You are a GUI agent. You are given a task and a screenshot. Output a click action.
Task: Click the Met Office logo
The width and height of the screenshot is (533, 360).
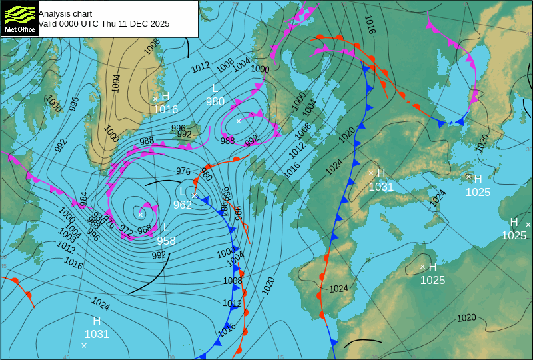click(19, 19)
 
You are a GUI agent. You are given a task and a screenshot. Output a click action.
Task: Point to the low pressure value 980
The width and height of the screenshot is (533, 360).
click(215, 101)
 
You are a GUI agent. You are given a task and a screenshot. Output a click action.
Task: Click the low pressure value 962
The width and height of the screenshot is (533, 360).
click(183, 205)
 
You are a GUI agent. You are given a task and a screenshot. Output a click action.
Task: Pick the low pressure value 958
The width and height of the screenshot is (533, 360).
click(166, 241)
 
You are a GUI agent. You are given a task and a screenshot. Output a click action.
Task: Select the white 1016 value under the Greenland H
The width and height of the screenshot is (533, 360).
click(165, 109)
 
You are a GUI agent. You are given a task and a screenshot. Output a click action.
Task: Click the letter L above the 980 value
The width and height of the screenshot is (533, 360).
click(215, 88)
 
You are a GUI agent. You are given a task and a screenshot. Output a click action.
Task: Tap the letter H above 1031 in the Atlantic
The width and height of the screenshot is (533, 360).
click(97, 321)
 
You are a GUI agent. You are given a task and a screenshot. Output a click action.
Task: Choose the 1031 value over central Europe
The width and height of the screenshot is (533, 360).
click(381, 187)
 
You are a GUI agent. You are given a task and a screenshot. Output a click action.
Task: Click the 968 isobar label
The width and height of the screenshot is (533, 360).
click(144, 229)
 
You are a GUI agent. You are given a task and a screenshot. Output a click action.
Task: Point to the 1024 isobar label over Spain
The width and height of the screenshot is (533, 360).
click(338, 289)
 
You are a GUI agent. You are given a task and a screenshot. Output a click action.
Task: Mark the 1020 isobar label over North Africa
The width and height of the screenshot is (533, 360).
click(466, 318)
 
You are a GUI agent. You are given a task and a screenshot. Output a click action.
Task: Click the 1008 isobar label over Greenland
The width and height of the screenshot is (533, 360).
click(153, 45)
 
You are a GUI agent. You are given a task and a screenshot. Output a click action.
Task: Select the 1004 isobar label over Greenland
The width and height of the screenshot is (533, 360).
click(116, 83)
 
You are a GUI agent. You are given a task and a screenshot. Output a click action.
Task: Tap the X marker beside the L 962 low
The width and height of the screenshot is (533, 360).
click(195, 195)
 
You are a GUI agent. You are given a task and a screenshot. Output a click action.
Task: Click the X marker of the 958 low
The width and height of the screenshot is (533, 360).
click(140, 214)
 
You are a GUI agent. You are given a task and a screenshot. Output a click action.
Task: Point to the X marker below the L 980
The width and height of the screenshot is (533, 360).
click(239, 121)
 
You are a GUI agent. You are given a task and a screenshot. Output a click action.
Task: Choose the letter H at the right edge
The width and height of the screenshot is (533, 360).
click(514, 222)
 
